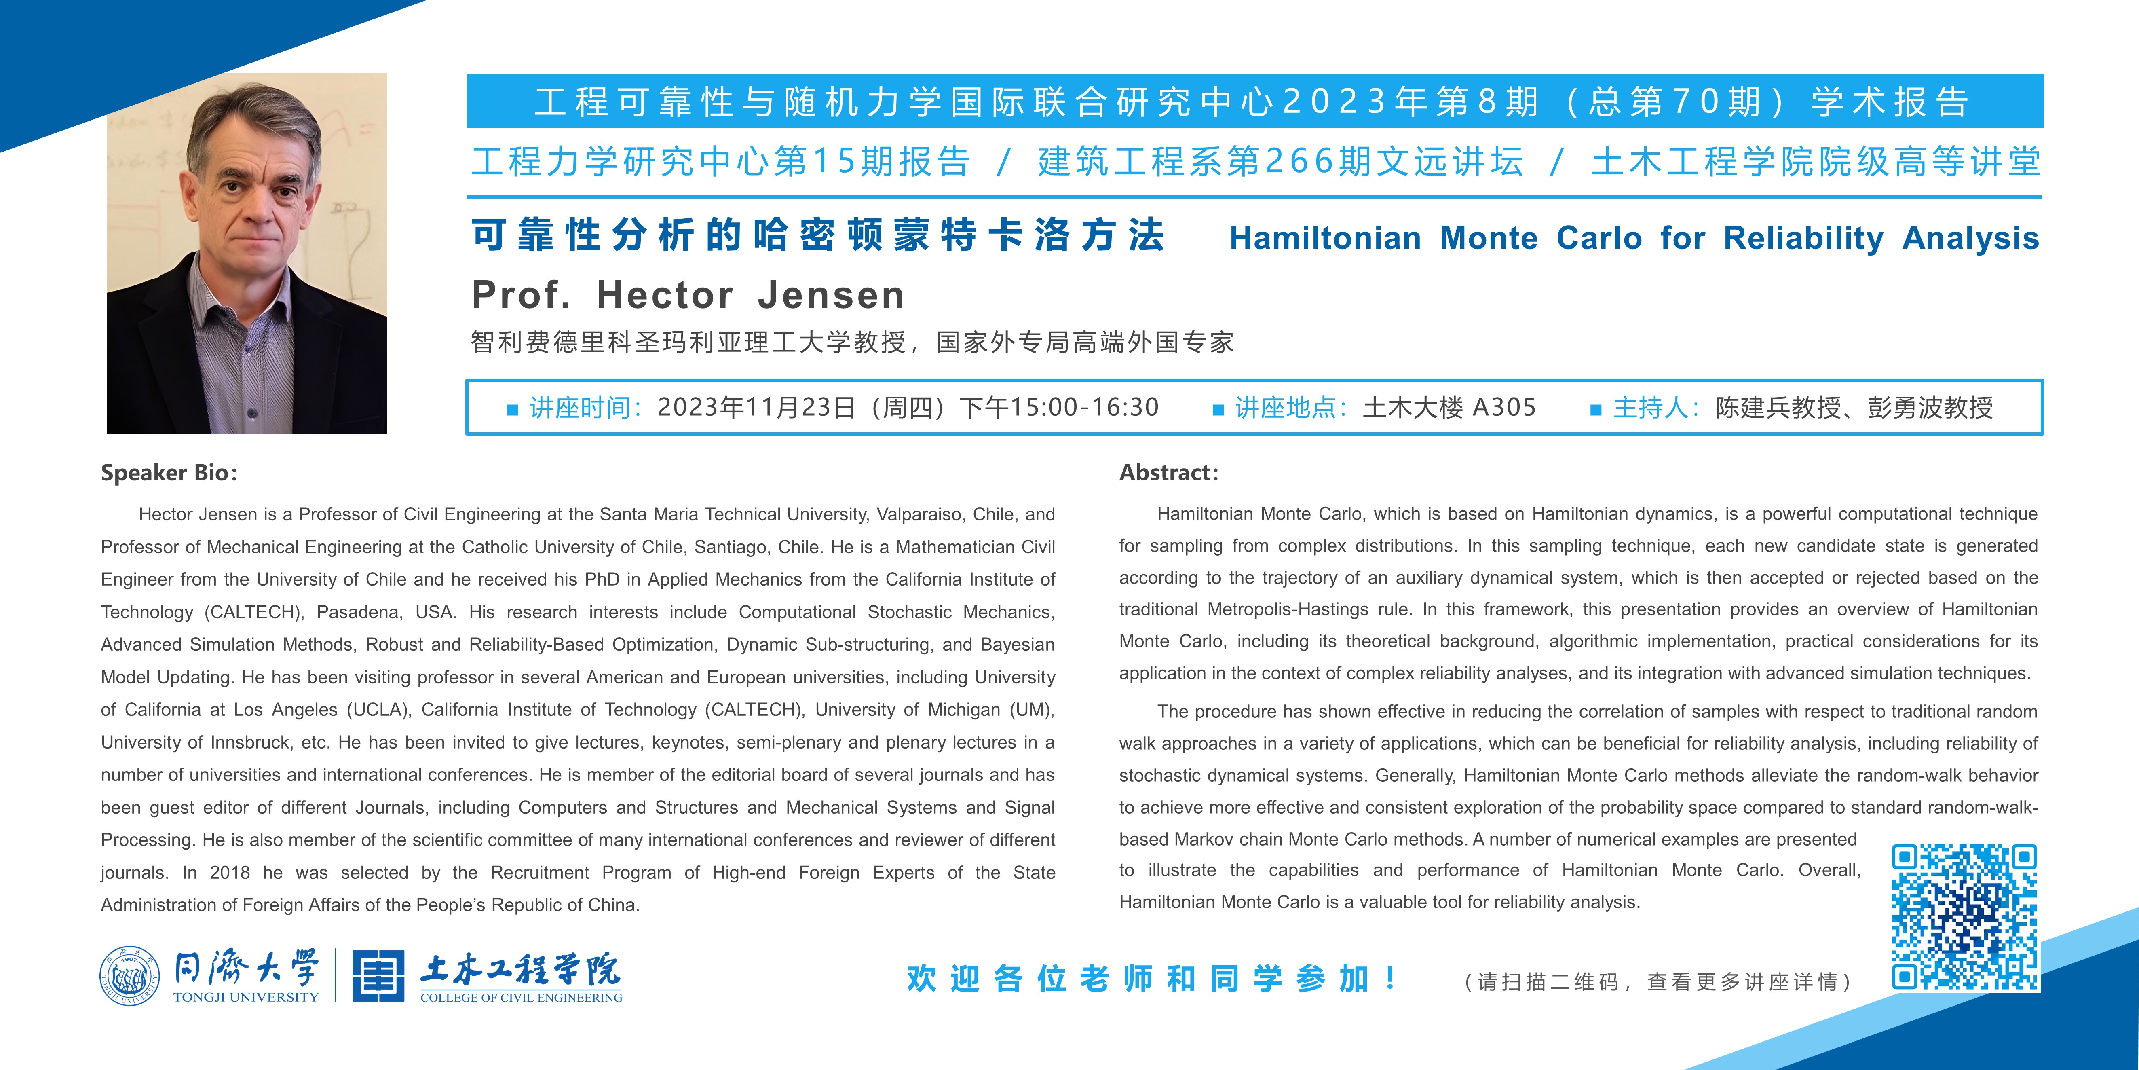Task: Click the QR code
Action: click(x=1965, y=917)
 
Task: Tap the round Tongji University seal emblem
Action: click(x=129, y=976)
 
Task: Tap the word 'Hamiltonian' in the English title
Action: click(x=1325, y=239)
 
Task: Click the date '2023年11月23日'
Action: click(x=756, y=407)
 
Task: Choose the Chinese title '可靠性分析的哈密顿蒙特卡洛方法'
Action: click(x=818, y=235)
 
